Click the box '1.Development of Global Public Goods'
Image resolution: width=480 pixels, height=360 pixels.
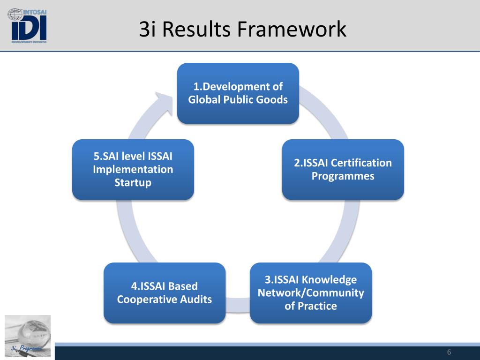pyautogui.click(x=238, y=93)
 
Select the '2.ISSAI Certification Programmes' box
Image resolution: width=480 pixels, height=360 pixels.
pyautogui.click(x=343, y=170)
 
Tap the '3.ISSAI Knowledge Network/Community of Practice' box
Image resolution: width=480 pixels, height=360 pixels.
pyautogui.click(x=310, y=293)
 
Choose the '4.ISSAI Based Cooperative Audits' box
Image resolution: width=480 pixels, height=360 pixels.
pyautogui.click(x=164, y=293)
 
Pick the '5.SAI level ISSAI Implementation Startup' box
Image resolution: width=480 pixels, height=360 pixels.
pyautogui.click(x=133, y=170)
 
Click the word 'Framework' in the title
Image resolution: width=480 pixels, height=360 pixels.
pyautogui.click(x=292, y=29)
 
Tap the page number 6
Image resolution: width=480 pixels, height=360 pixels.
pyautogui.click(x=449, y=352)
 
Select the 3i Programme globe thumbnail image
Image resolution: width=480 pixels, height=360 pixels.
pyautogui.click(x=28, y=335)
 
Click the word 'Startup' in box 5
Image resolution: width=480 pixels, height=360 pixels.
pyautogui.click(x=133, y=182)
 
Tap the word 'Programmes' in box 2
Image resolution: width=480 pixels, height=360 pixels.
pyautogui.click(x=343, y=176)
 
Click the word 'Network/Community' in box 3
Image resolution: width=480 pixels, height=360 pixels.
pyautogui.click(x=310, y=293)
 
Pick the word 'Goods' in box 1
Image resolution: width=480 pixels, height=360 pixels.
pyautogui.click(x=274, y=100)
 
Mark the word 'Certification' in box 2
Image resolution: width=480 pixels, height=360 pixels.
pyautogui.click(x=361, y=163)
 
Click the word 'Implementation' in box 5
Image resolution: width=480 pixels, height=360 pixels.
pyautogui.click(x=133, y=169)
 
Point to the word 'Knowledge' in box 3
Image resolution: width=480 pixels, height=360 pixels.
pyautogui.click(x=330, y=280)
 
